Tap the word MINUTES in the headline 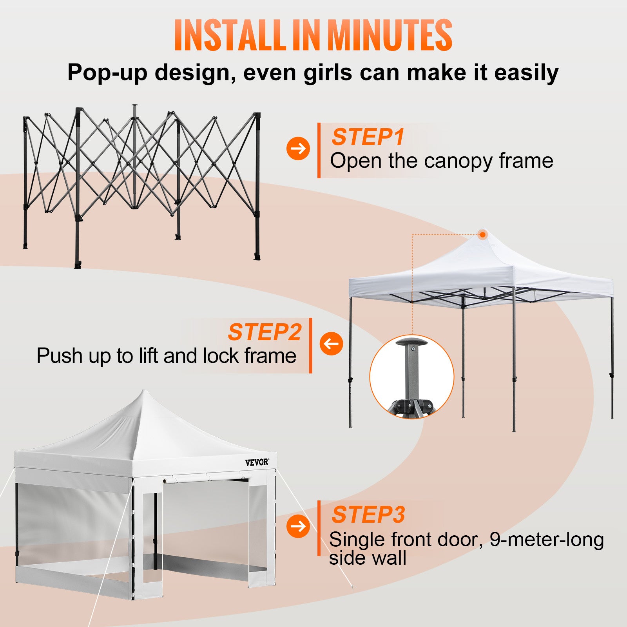pos(390,35)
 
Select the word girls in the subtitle pos(328,72)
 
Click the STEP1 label pos(368,137)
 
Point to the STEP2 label pos(265,332)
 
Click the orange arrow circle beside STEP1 pos(298,148)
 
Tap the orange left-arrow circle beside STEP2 pos(331,344)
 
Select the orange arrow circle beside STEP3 pos(298,526)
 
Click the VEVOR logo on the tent pos(257,462)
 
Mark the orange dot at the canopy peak pos(483,235)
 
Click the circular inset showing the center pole pos(411,377)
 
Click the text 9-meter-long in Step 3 pos(547,539)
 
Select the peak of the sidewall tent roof pos(145,392)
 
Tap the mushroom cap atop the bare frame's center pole pos(135,105)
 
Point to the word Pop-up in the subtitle pos(107,72)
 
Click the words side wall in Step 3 pos(368,558)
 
